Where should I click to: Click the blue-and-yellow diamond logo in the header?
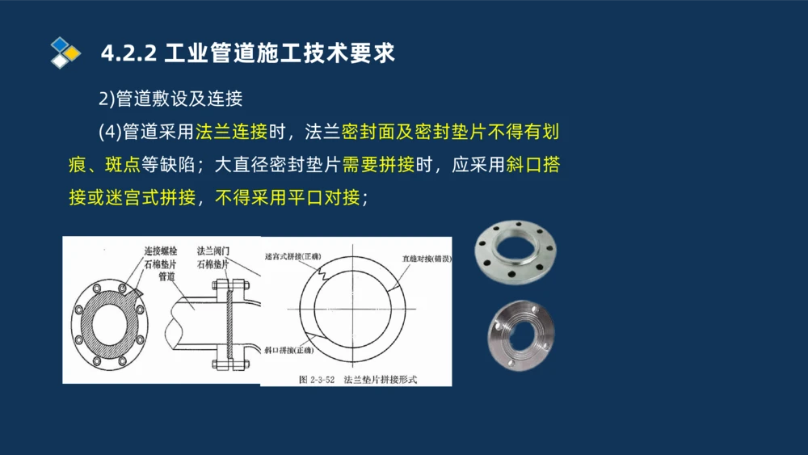point(65,53)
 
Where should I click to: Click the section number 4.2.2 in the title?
point(128,54)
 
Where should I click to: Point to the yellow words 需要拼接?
point(378,164)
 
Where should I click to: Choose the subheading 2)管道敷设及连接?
point(170,99)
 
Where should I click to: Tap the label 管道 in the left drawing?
point(166,277)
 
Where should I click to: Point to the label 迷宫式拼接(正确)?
point(292,257)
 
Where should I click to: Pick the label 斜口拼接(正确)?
point(289,352)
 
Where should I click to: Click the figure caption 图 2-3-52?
point(317,378)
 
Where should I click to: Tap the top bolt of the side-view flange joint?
point(228,284)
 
